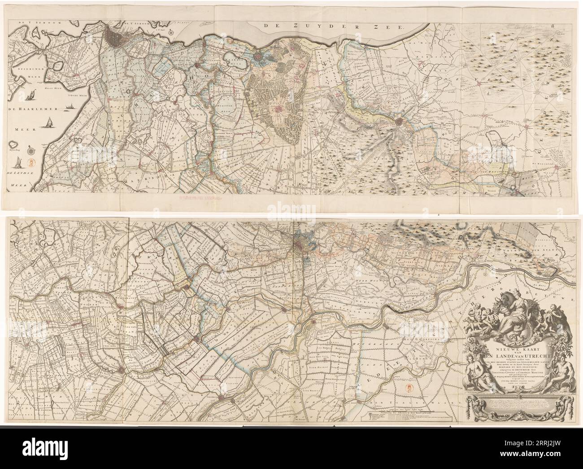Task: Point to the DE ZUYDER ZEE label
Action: point(334,27)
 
